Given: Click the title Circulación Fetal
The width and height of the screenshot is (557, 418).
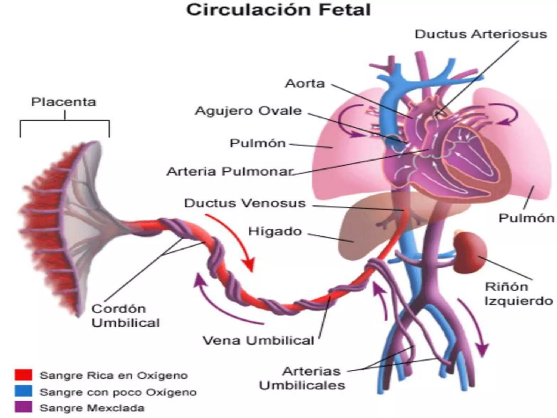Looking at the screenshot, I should coord(278,10).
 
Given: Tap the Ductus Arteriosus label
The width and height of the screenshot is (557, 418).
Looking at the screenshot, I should coord(481,35).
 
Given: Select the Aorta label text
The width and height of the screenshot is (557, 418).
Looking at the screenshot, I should coord(305,84).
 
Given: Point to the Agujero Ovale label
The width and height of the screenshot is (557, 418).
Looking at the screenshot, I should coord(248,111).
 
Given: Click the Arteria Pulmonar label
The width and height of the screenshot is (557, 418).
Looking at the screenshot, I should coord(230,171).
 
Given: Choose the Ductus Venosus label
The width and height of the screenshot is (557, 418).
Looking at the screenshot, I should coord(245,203).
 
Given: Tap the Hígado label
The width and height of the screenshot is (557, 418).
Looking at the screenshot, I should coord(275,232).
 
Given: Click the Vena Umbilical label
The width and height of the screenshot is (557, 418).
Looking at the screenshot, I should coord(258,340).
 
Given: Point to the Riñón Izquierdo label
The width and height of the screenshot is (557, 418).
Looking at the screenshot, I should coord(519,294).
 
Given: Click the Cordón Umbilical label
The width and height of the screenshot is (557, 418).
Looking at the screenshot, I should coord(126,316).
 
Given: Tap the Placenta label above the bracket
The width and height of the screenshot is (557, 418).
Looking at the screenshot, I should coord(64,102).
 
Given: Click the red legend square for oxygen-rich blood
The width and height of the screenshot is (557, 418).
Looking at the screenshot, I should coord(23,375).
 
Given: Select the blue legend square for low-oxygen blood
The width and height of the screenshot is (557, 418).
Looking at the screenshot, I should coord(23,391).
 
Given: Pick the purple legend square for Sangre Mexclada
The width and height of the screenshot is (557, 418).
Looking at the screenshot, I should coord(23,407).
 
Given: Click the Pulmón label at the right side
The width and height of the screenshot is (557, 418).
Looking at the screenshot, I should coord(526,218).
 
